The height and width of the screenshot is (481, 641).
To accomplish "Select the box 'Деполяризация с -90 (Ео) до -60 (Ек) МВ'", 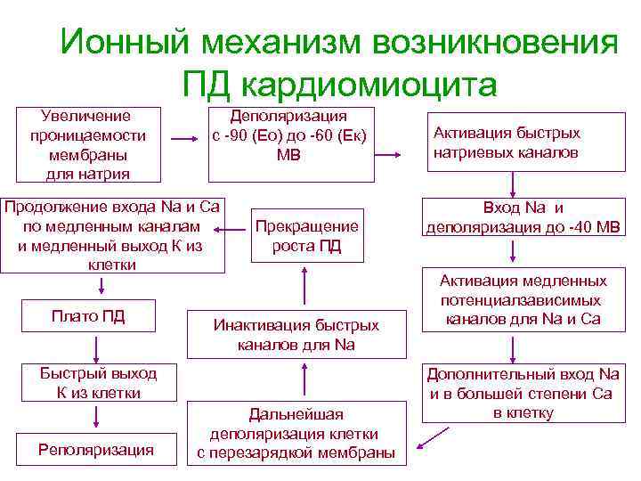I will click(289, 135).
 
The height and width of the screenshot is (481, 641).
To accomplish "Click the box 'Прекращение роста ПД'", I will click(306, 236).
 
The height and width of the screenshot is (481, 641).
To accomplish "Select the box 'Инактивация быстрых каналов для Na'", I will click(296, 335).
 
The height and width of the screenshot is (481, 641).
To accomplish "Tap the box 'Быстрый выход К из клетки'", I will click(98, 382).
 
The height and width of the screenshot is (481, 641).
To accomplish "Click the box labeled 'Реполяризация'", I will click(96, 450).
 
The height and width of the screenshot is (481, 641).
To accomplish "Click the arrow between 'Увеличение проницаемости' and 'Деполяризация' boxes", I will click(185, 140).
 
